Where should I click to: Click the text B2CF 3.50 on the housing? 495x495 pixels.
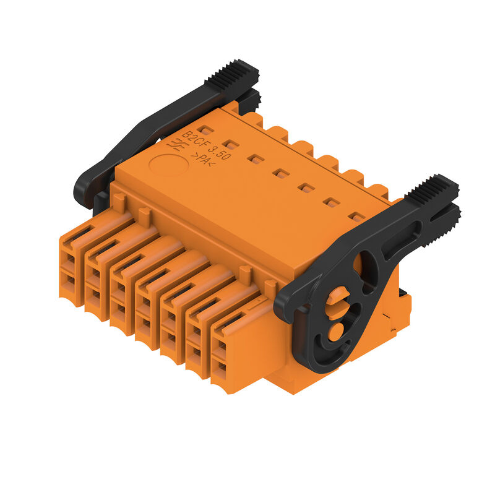[x=207, y=145]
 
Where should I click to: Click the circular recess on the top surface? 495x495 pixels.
[x=169, y=165]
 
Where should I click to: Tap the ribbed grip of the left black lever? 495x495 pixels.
[x=232, y=74]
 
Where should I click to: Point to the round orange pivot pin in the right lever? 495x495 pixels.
[x=336, y=332]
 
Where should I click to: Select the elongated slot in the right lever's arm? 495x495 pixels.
[x=402, y=237]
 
